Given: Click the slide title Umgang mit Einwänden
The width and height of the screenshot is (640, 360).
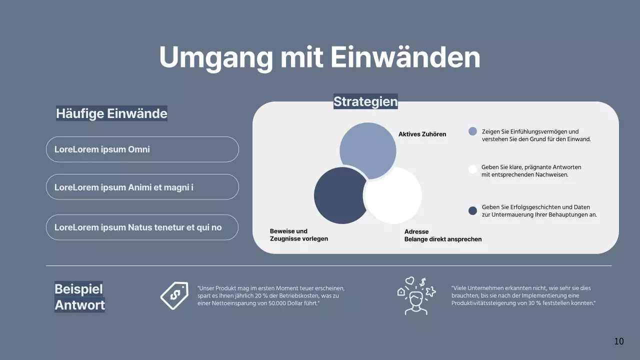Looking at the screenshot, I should (319, 57).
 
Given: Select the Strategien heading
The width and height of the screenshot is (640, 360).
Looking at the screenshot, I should (365, 101).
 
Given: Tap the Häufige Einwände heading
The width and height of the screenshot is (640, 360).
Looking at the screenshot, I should (111, 113).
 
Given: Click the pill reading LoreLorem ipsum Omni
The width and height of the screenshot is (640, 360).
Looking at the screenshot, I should (142, 149).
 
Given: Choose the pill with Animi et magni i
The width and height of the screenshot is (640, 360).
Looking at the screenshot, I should (142, 187).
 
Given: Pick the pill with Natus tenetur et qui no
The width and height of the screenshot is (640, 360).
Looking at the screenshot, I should (142, 227).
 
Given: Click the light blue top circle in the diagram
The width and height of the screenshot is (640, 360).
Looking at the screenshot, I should (367, 147).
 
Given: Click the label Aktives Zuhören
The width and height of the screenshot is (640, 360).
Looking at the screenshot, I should (422, 134).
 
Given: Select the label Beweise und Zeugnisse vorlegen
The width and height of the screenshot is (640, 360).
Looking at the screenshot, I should (298, 235).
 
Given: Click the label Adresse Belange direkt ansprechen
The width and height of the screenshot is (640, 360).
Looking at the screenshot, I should (442, 235).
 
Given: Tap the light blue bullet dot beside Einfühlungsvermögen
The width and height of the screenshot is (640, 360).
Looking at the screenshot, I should (472, 131).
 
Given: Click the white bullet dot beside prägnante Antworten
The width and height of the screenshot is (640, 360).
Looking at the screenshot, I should (472, 169).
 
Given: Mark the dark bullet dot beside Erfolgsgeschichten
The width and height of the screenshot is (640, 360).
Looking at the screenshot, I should (472, 210).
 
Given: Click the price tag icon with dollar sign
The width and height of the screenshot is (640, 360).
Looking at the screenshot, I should (174, 295).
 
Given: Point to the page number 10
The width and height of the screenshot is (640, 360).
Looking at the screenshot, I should (619, 341).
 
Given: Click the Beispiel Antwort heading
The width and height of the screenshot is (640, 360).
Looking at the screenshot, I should (79, 296).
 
